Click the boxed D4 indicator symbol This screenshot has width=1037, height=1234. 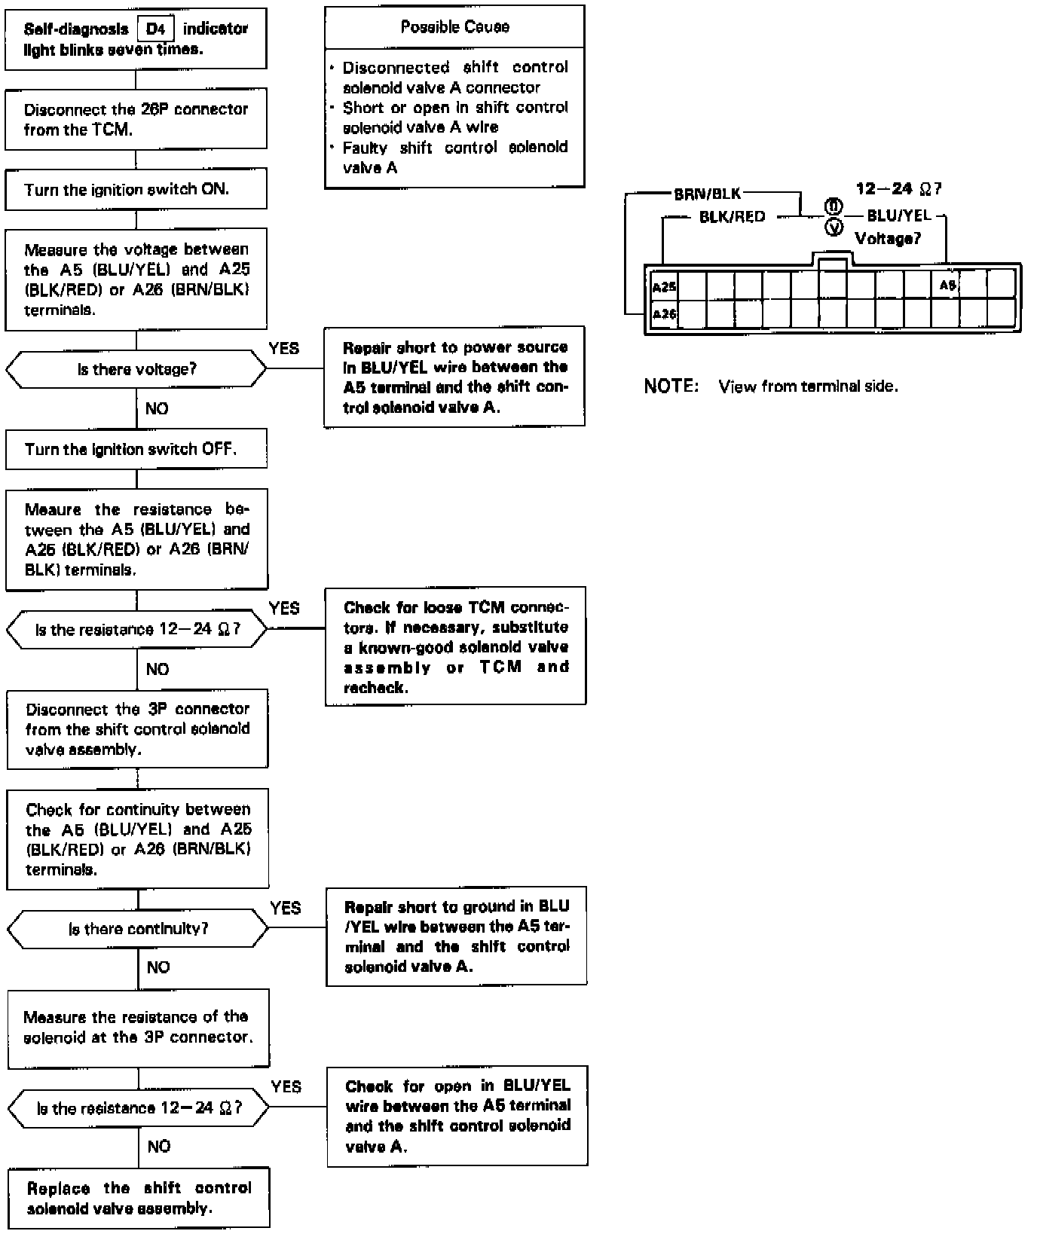click(156, 29)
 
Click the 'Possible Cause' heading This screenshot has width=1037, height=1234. click(454, 27)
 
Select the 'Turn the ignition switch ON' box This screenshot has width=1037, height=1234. click(136, 190)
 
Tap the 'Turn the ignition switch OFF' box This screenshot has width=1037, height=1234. click(136, 450)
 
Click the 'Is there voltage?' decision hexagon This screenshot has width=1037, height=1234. click(136, 370)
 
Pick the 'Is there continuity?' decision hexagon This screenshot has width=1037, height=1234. click(138, 929)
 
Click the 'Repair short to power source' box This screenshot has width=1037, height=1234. click(454, 377)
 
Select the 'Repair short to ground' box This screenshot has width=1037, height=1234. click(456, 936)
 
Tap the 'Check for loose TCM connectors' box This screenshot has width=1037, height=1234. click(455, 647)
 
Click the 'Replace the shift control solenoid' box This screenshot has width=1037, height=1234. click(139, 1198)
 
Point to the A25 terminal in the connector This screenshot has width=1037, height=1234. click(664, 287)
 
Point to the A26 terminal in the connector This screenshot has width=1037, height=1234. click(664, 314)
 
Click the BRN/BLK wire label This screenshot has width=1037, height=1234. click(707, 194)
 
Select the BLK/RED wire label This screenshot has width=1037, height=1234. click(732, 217)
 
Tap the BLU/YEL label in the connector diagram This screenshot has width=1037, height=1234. click(899, 216)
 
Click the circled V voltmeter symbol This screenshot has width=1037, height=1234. click(834, 228)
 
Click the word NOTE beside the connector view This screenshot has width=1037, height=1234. click(671, 386)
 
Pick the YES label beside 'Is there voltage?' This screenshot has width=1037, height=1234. click(283, 348)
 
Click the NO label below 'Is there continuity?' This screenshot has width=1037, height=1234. click(158, 967)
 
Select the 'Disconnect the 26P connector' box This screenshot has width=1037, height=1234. click(136, 119)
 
